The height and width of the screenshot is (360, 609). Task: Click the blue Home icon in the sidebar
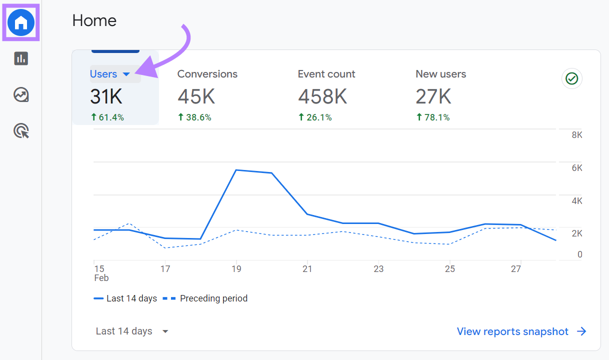pos(21,22)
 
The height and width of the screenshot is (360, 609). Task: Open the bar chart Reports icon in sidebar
pos(21,58)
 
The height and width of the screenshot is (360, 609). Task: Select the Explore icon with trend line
pos(21,94)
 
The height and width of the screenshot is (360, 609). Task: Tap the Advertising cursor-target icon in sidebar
pos(21,131)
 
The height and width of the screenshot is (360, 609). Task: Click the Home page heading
pos(94,20)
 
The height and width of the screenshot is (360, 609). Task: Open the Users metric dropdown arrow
pos(126,74)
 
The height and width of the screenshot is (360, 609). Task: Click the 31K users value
pos(106,96)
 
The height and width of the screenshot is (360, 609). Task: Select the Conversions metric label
pos(207,74)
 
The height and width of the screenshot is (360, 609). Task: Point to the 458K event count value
pos(322,96)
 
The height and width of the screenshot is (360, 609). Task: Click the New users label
pos(440,74)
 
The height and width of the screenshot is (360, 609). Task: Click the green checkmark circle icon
pos(571,78)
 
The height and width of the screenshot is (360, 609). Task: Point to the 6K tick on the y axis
pos(576,168)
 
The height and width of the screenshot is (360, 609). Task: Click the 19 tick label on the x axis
pos(236,269)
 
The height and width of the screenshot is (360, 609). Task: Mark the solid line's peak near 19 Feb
pos(236,170)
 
